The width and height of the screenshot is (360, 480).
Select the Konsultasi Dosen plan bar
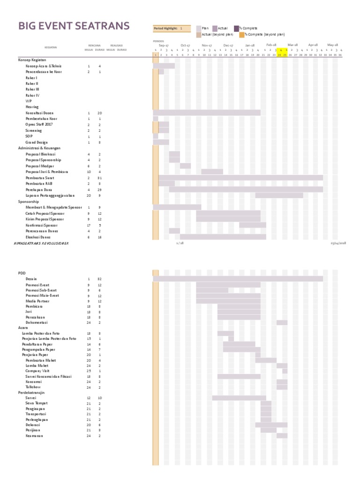click(x=207, y=113)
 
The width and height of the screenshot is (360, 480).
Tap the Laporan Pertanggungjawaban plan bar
click(x=279, y=195)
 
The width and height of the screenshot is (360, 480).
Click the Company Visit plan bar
click(x=285, y=371)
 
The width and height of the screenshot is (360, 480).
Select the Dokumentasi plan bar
click(x=282, y=322)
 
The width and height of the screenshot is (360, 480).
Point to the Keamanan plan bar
click(x=282, y=435)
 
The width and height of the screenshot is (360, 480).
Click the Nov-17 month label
click(x=207, y=45)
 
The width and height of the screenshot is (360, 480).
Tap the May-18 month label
click(x=333, y=45)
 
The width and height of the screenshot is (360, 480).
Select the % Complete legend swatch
click(x=237, y=28)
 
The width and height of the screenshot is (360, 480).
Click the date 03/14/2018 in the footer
click(x=337, y=243)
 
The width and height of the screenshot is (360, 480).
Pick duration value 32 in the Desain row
click(x=99, y=279)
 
